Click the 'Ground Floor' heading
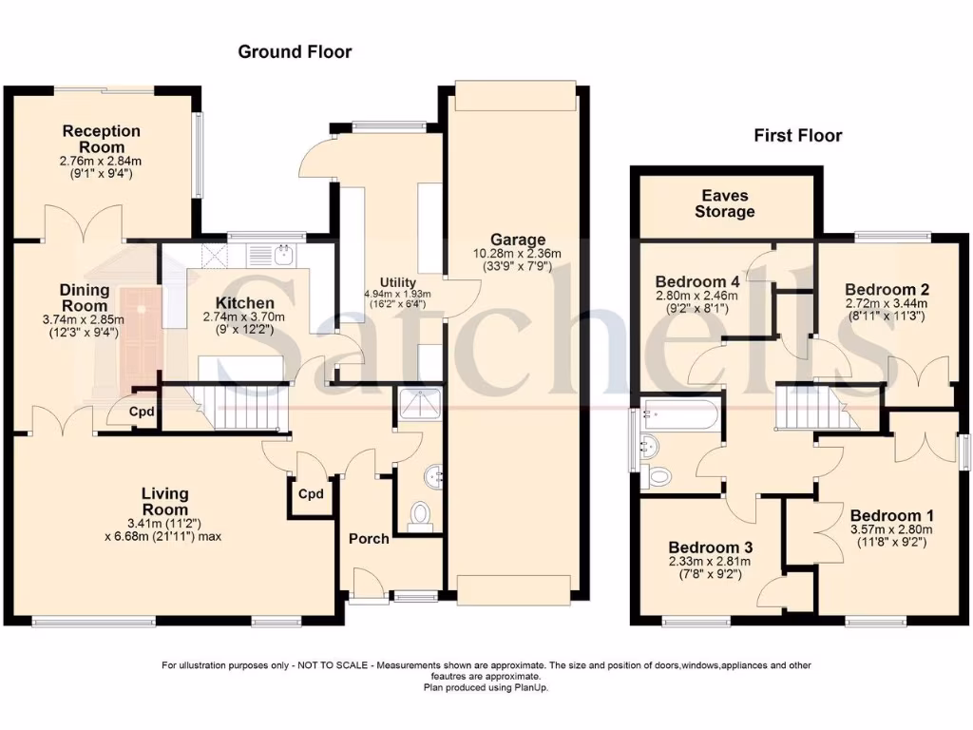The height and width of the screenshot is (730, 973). (295, 52)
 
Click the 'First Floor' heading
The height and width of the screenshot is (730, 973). (797, 136)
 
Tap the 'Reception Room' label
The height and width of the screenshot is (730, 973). (102, 139)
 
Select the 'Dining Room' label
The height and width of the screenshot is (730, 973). (85, 298)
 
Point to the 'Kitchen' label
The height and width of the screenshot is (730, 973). (224, 303)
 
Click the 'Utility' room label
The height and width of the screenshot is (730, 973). (396, 282)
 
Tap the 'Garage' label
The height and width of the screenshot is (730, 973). (518, 240)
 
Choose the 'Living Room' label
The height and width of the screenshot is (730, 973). (165, 501)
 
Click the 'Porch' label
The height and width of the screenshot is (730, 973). (369, 539)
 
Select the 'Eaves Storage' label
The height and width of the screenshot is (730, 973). (724, 203)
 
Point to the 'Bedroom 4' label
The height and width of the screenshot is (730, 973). (697, 281)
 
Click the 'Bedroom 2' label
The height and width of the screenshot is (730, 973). (887, 289)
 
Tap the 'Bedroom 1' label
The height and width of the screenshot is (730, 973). (886, 516)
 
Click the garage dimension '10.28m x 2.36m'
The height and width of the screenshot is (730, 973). (518, 254)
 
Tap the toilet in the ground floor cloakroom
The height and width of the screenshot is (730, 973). (419, 516)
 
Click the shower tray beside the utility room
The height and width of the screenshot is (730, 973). (418, 404)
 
